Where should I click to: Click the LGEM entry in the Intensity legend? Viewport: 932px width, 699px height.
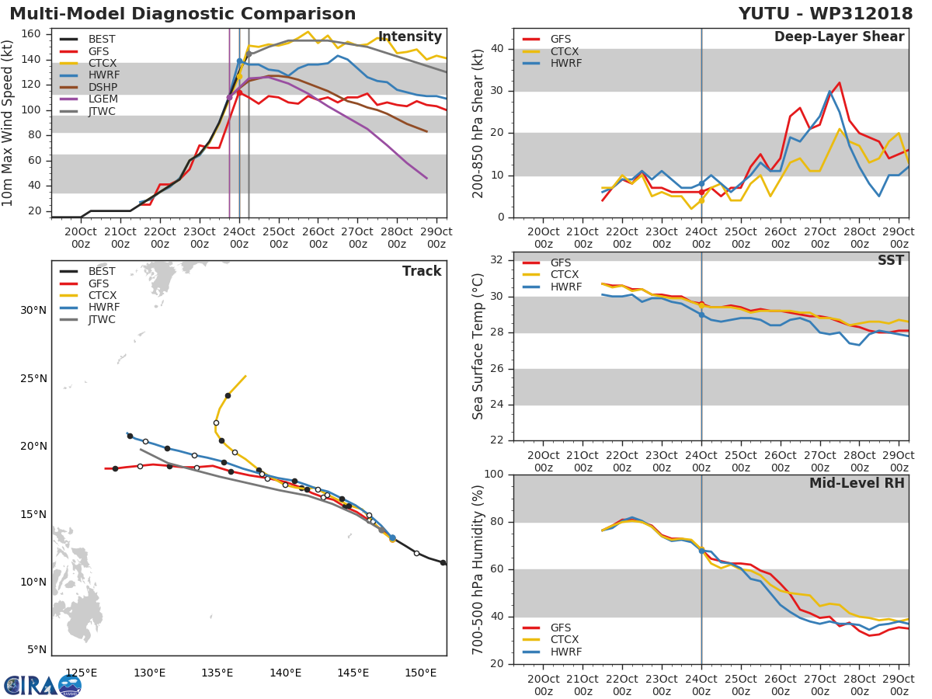[101, 99]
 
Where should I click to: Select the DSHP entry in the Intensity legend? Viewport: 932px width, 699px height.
[101, 87]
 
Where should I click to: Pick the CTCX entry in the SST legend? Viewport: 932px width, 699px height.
[565, 275]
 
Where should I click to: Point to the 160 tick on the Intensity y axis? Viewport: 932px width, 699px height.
[36, 34]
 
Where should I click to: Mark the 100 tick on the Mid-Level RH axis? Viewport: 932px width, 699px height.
[494, 475]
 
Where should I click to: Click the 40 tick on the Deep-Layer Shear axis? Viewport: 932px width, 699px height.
[498, 49]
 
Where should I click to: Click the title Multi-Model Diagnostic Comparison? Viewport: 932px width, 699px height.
[183, 14]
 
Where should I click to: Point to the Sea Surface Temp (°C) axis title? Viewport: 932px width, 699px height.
[478, 346]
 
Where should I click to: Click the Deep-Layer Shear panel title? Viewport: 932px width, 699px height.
[839, 37]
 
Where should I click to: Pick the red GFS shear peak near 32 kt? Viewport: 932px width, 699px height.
[839, 82]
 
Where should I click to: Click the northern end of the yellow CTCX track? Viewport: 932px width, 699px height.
[245, 376]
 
